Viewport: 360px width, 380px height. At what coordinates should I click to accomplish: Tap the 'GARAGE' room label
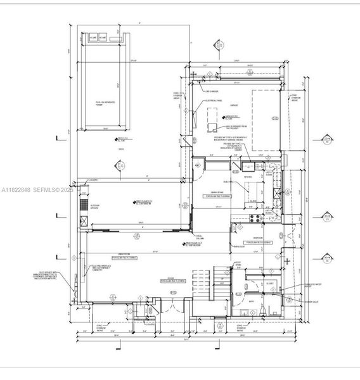233,105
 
